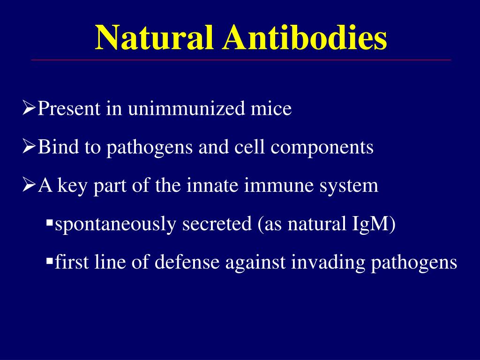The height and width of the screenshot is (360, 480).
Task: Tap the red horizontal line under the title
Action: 241,60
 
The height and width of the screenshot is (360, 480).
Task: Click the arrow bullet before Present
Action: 29,109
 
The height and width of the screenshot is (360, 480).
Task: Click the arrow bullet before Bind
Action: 29,147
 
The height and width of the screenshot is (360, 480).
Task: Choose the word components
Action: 322,148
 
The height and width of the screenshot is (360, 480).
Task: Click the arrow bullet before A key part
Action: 29,186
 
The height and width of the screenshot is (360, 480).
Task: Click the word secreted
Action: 217,224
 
